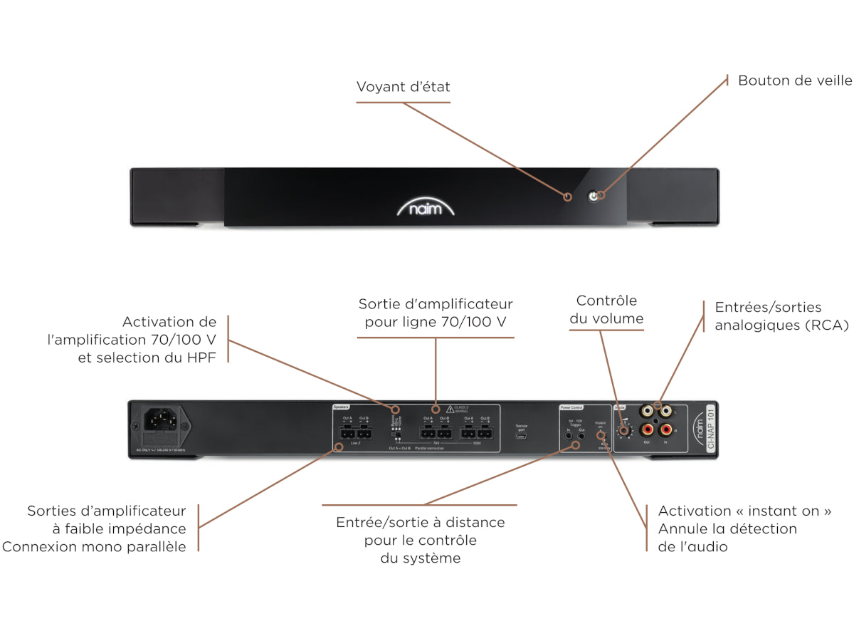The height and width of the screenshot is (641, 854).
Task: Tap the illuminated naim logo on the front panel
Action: pos(426,209)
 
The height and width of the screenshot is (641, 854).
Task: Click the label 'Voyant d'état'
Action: pos(403,87)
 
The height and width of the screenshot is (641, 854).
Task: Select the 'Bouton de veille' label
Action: pos(795,80)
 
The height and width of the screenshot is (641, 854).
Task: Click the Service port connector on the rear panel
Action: pos(522,435)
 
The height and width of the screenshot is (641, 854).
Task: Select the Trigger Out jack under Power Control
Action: pos(581,433)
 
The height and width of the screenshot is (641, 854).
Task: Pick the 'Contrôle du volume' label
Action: pos(606,310)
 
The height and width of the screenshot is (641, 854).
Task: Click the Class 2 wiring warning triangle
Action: pos(450,410)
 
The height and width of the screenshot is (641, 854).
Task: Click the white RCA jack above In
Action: pos(666,411)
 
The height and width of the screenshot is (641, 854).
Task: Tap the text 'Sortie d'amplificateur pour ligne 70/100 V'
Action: pos(436,313)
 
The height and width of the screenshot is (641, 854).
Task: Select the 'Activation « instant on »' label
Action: pos(744,511)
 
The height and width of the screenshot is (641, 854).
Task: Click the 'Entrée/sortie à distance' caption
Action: pos(420,522)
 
